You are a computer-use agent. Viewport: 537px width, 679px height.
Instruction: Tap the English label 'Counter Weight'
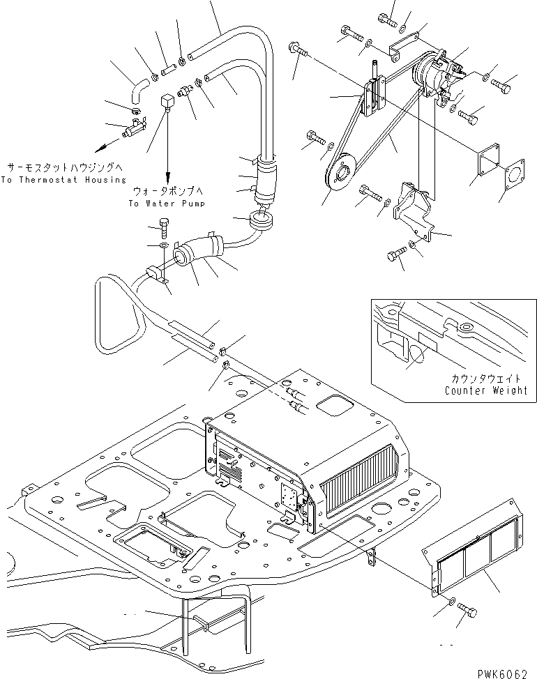485,390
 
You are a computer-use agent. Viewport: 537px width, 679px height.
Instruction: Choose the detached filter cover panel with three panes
482,551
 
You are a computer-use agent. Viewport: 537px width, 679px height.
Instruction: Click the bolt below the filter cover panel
469,613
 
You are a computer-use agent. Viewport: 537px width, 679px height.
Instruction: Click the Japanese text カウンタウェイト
487,379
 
